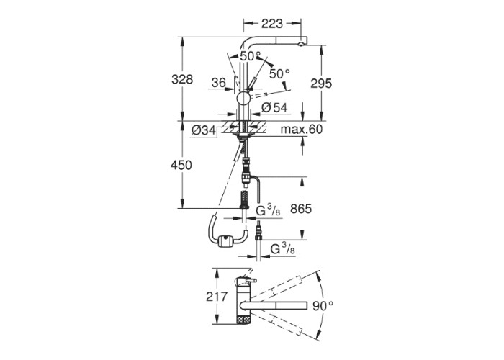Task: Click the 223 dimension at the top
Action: (272, 24)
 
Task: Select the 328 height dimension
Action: (182, 79)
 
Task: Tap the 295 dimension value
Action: (321, 84)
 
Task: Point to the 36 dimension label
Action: (219, 83)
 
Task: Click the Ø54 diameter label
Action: (274, 108)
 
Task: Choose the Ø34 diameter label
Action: (204, 130)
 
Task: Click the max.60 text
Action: (302, 129)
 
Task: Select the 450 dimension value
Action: (181, 165)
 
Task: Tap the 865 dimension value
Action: (301, 209)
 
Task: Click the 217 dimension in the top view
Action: (217, 297)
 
